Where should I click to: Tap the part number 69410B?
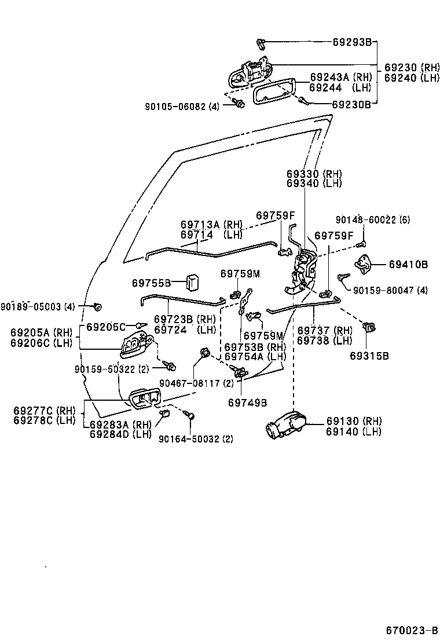click(408, 265)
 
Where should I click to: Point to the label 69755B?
click(151, 283)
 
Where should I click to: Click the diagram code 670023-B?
click(412, 630)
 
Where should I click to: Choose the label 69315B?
click(369, 356)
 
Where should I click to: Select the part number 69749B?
click(247, 402)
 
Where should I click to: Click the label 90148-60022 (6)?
click(373, 219)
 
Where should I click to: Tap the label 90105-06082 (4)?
click(182, 106)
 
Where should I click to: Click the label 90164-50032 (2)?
click(196, 438)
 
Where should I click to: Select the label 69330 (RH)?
click(314, 174)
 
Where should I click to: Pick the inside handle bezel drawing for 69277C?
click(144, 399)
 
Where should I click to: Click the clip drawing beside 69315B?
click(368, 328)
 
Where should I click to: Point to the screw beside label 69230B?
click(303, 102)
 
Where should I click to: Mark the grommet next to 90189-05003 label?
click(97, 305)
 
